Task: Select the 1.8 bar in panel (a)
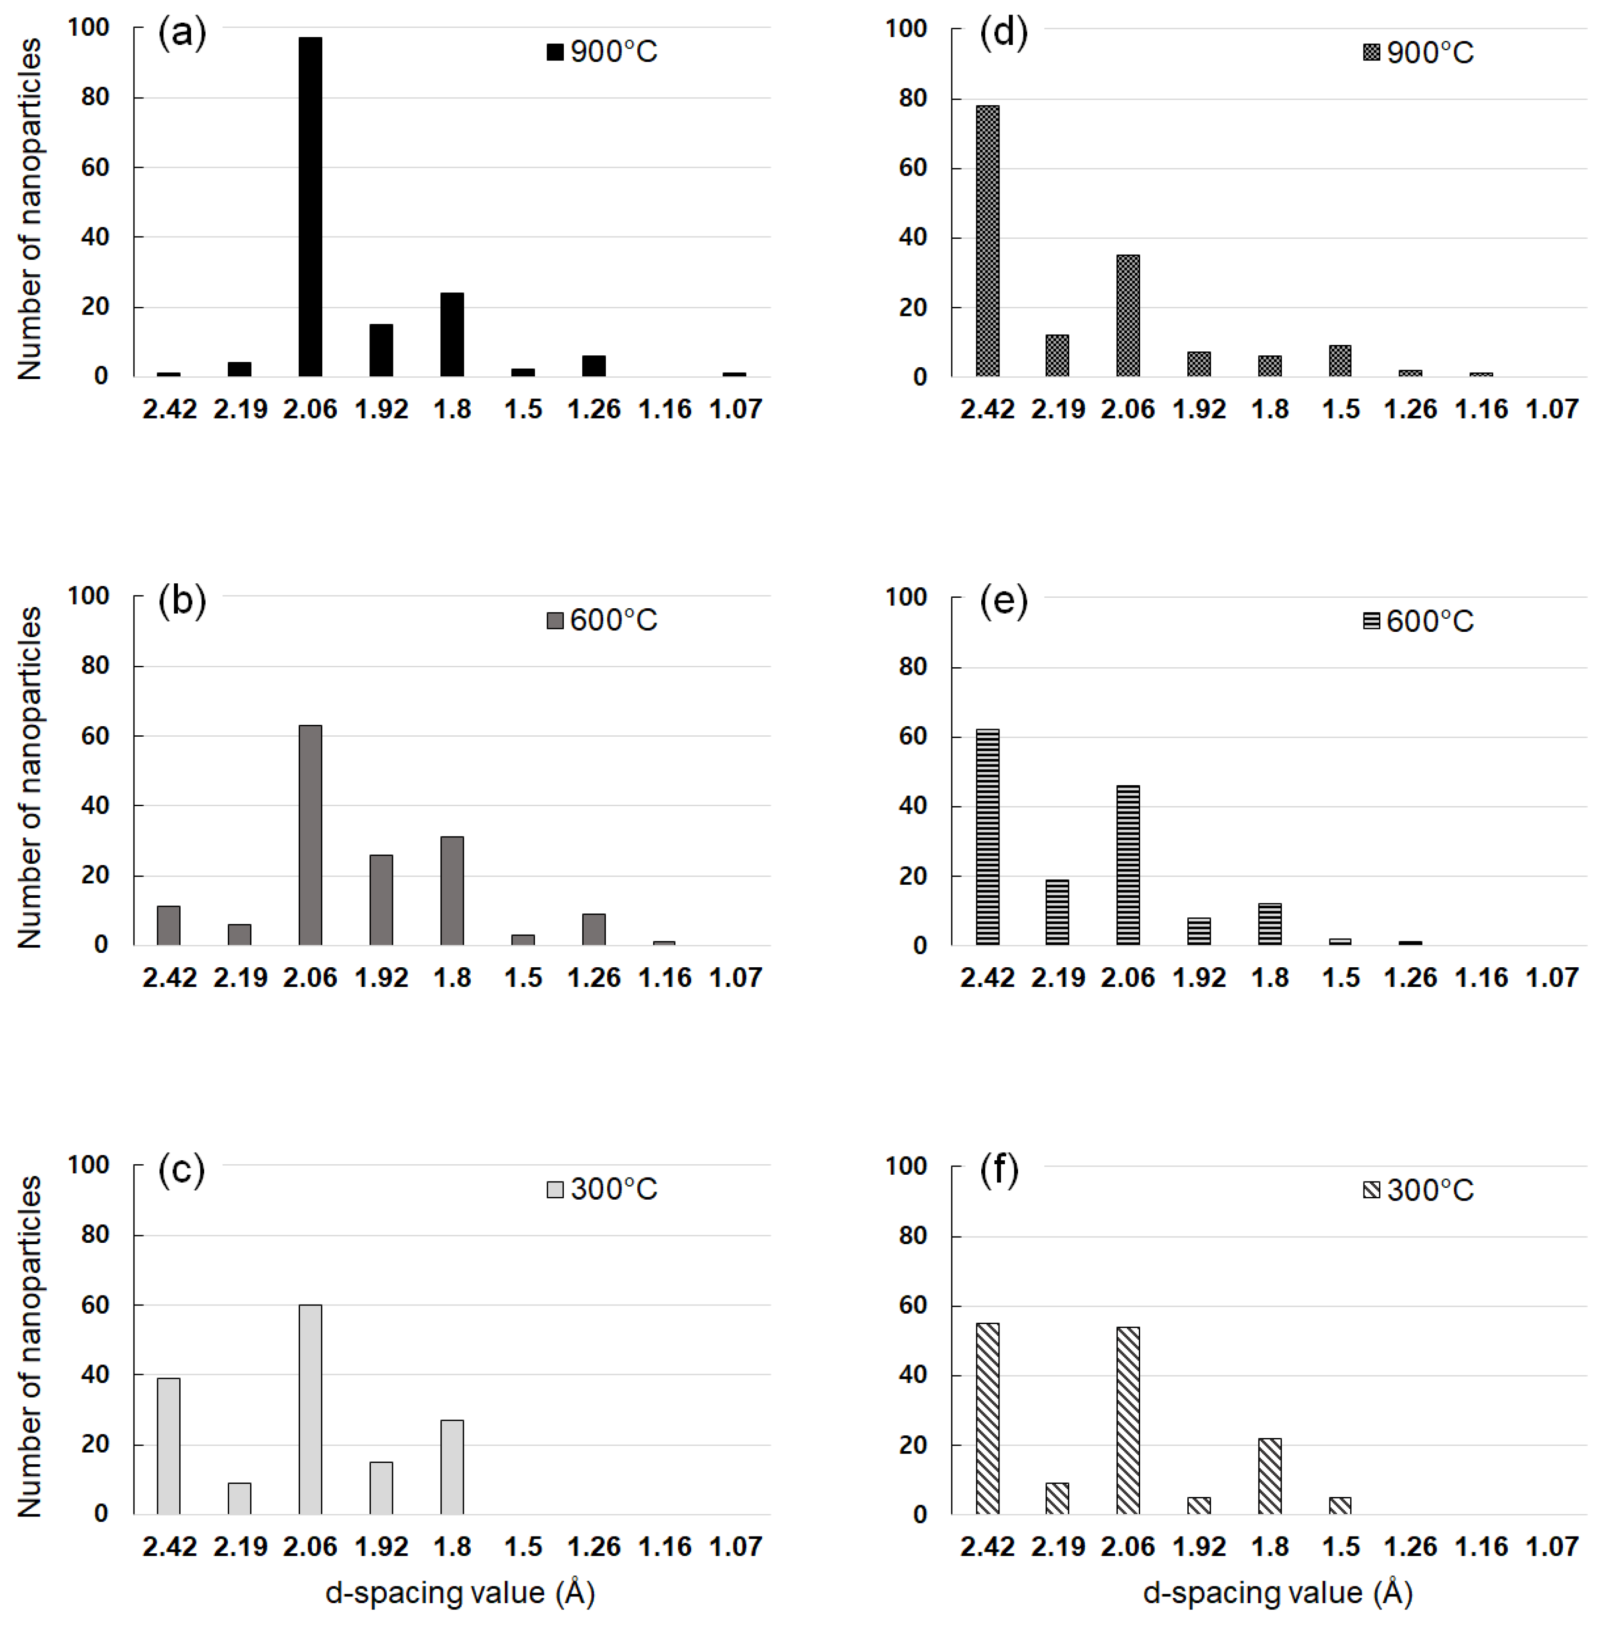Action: click(452, 334)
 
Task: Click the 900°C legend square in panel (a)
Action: click(554, 52)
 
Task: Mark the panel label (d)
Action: click(1004, 34)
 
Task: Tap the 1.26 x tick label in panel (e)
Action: click(1411, 977)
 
